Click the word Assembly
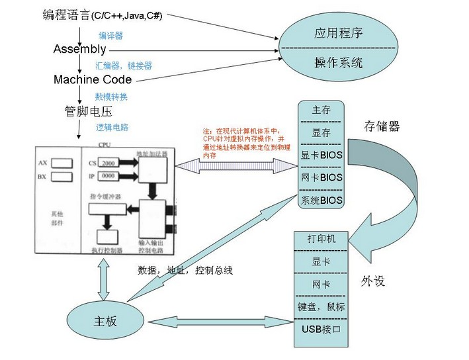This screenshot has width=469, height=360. click(79, 50)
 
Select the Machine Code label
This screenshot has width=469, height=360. click(93, 79)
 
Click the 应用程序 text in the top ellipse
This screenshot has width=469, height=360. click(338, 33)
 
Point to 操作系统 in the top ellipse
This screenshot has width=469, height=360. click(338, 64)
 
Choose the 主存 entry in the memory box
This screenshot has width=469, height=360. click(321, 111)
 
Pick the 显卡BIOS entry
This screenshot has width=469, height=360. click(321, 156)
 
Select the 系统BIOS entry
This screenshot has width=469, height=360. click(321, 200)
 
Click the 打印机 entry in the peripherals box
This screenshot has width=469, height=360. click(321, 239)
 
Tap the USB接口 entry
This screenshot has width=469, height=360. click(321, 329)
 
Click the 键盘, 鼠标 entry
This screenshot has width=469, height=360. click(321, 307)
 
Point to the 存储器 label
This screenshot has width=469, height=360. click(382, 126)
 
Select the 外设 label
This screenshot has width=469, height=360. click(373, 281)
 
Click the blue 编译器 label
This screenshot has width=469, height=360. click(111, 36)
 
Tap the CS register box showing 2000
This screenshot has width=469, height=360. click(109, 163)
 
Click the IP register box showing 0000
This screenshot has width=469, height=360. click(109, 176)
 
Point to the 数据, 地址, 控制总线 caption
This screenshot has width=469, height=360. click(185, 271)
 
